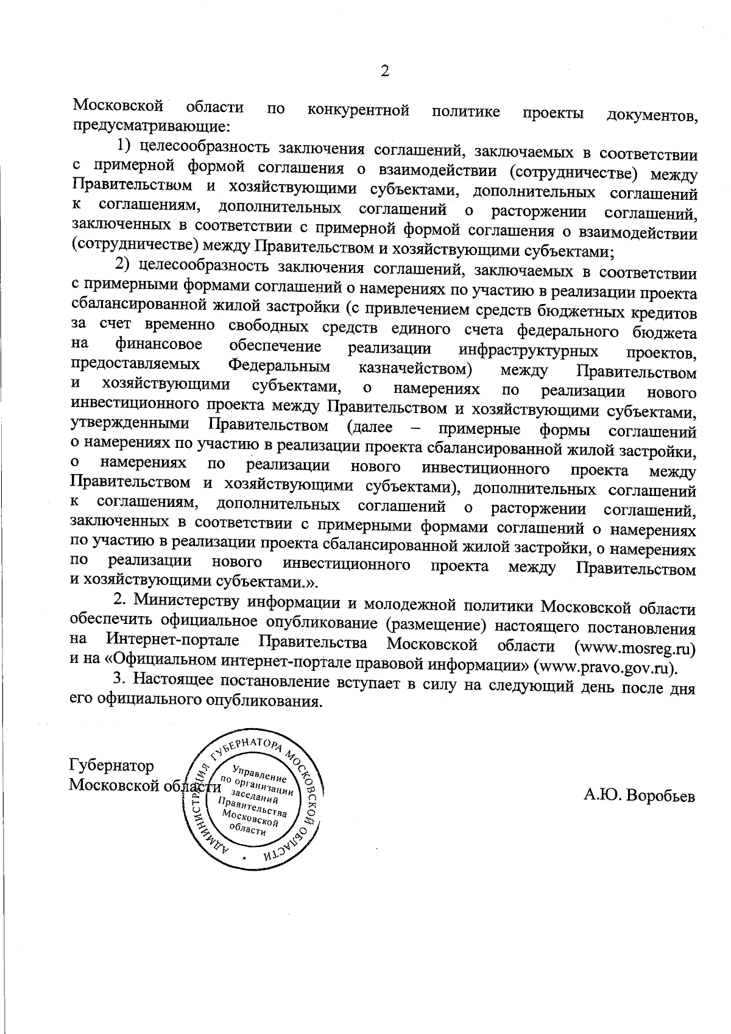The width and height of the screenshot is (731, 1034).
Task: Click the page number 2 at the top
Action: (384, 71)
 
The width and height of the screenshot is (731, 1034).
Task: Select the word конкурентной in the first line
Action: (358, 111)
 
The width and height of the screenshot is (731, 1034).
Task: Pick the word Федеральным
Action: (280, 367)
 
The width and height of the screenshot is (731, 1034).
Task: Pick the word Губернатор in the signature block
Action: (112, 765)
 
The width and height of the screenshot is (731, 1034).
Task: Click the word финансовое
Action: (159, 345)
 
